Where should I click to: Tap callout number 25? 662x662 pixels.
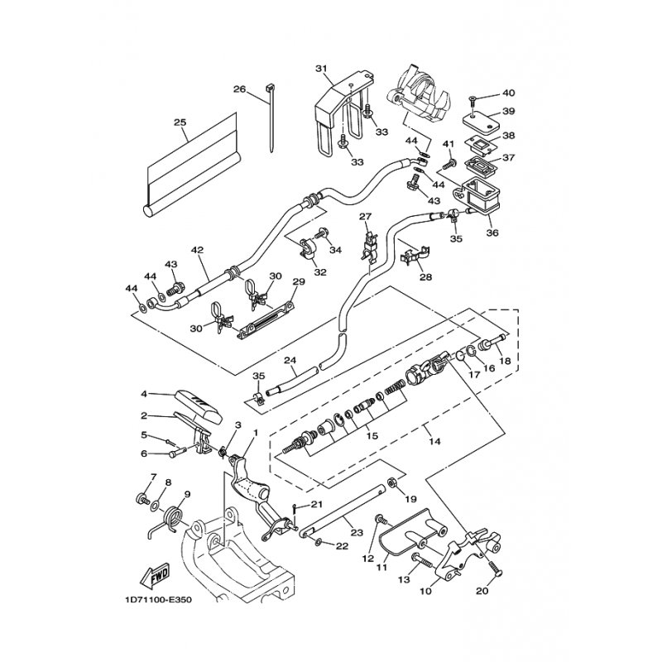pos(180,122)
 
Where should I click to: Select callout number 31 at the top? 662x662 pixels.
pos(321,68)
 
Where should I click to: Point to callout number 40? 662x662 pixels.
pos(509,93)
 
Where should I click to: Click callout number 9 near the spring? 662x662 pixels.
pos(187,494)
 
